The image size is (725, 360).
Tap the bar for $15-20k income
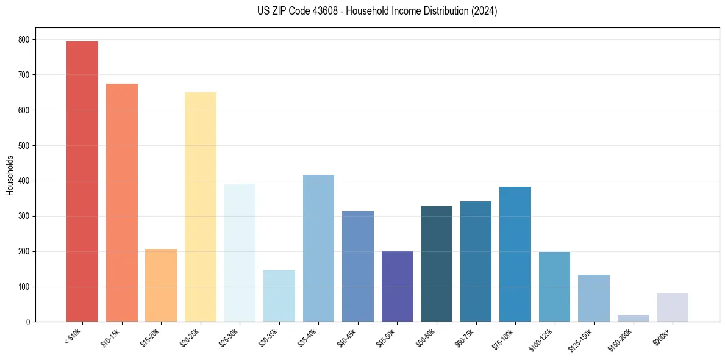(161, 285)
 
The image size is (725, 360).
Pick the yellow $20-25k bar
(201, 207)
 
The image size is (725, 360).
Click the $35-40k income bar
(318, 248)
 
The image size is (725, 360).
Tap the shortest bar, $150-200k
(633, 319)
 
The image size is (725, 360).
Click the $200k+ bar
(673, 308)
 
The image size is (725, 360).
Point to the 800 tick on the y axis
(24, 40)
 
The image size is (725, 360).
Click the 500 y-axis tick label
(24, 146)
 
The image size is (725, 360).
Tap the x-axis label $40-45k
(346, 337)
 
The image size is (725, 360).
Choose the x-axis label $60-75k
(465, 337)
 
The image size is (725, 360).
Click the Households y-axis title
(10, 175)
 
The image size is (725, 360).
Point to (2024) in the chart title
(484, 11)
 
